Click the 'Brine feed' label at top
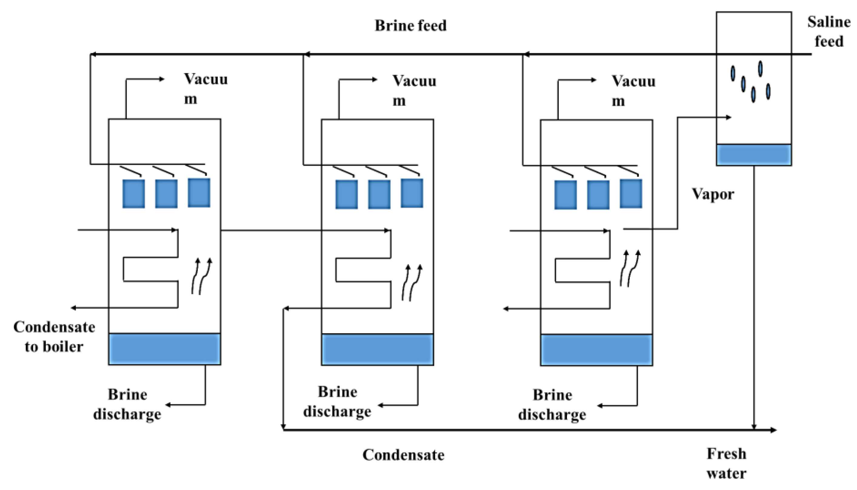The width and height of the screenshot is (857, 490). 411,25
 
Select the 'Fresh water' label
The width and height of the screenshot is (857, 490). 726,463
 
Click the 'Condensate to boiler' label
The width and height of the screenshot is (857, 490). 54,337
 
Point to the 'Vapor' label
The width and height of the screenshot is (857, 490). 713,194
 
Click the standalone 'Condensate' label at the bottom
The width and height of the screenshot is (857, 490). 403,455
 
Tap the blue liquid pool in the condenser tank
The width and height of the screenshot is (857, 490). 754,155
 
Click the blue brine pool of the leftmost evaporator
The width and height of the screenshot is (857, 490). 164,349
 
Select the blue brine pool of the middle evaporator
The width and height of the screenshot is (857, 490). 378,349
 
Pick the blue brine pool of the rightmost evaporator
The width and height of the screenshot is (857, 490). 596,350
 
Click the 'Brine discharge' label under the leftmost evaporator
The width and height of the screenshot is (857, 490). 127,404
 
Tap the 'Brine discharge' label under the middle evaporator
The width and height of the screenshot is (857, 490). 337,402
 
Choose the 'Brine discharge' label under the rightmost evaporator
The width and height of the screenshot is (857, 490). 552,405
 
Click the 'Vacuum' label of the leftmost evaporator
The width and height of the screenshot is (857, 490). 205,89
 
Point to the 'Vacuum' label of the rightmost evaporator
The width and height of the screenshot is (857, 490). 633,91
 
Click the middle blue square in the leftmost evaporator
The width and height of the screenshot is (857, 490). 166,194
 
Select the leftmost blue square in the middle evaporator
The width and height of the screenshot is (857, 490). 346,194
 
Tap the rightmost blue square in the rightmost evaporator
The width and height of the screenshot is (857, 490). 631,194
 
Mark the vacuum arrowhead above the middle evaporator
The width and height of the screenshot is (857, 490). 375,80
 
